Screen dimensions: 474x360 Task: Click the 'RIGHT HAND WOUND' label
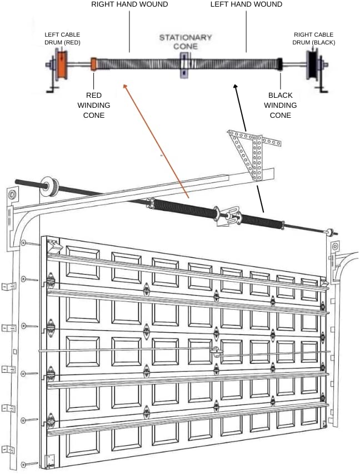point(130,4)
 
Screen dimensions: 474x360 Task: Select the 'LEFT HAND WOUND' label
point(246,4)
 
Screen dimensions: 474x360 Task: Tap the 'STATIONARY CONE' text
point(185,42)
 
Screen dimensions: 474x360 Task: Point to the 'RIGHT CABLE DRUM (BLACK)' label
point(314,38)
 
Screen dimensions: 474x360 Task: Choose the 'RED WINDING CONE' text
point(93,105)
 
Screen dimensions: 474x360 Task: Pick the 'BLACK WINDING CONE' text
point(280,105)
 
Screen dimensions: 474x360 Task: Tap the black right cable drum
point(313,64)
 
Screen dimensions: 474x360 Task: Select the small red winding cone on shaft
point(94,64)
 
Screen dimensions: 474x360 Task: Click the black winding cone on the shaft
point(281,64)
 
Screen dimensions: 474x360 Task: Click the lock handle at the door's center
point(217,351)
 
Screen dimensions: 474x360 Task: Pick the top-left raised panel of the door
point(82,261)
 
